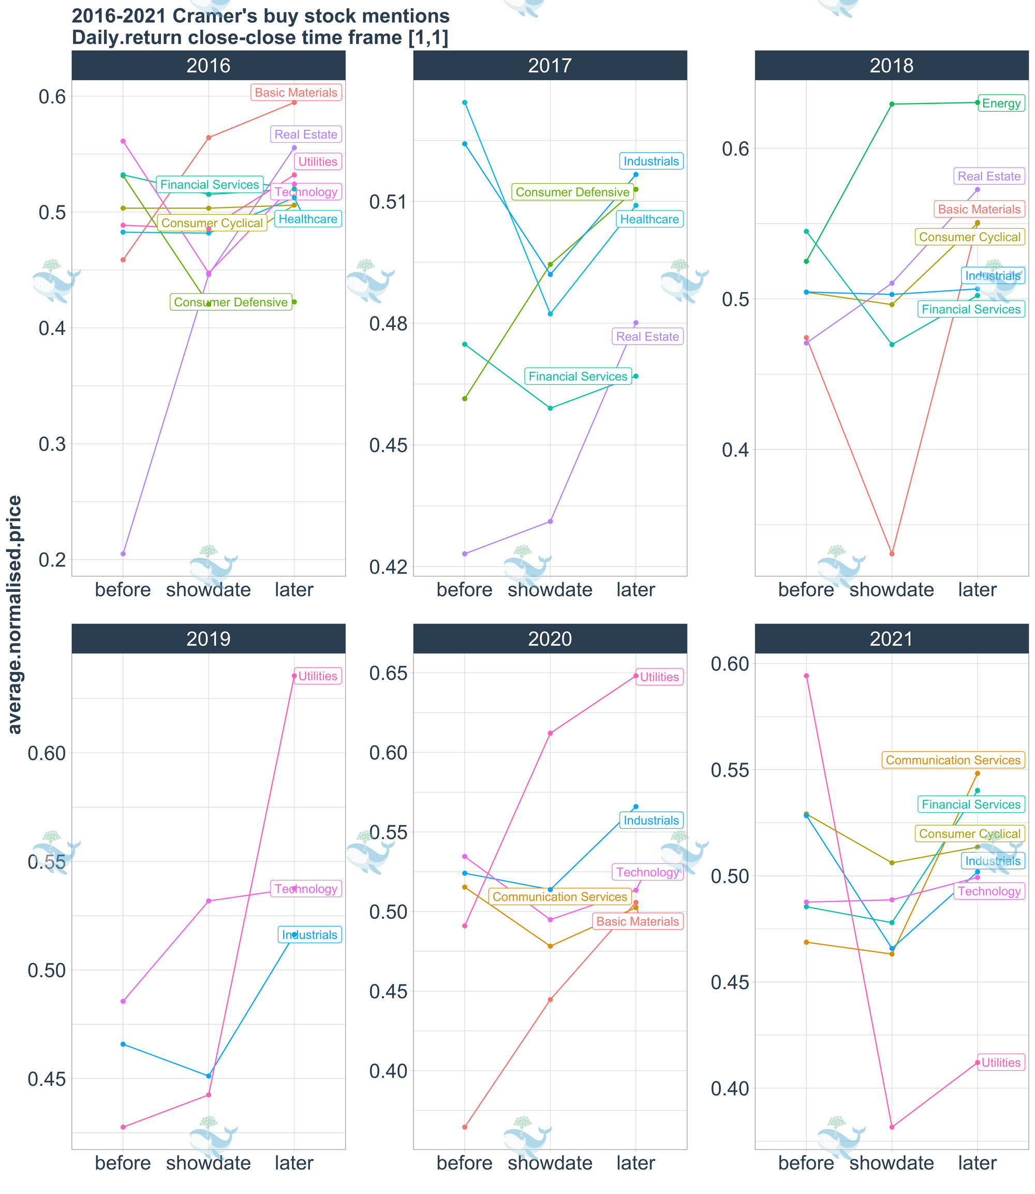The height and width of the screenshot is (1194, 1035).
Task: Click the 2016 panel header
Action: [209, 65]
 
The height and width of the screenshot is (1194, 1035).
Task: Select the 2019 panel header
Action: [209, 638]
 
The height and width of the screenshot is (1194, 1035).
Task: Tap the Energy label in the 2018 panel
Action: [1001, 104]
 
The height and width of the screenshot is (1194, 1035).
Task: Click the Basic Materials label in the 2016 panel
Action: [295, 93]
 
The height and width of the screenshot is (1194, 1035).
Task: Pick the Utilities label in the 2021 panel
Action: [1001, 1063]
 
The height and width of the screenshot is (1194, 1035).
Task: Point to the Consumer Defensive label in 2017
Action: [572, 192]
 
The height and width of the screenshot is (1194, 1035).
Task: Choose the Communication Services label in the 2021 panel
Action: [953, 760]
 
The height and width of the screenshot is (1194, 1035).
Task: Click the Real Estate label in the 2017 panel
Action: [647, 337]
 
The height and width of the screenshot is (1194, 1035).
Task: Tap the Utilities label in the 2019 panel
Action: [318, 676]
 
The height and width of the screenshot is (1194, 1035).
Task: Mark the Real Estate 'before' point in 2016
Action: [123, 554]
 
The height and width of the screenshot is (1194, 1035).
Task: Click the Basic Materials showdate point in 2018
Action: [892, 554]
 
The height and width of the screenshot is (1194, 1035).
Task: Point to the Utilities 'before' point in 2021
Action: [806, 676]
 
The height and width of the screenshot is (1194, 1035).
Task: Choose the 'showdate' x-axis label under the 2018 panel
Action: [892, 590]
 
